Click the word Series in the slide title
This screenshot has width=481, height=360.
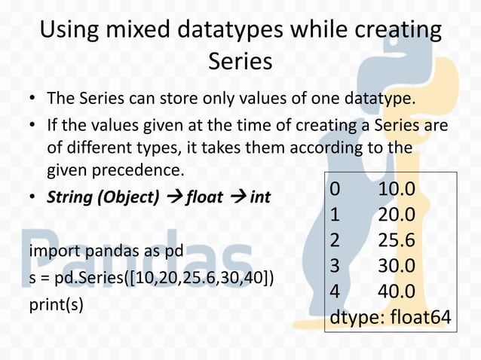click(240, 60)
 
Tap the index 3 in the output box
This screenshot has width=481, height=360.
click(335, 267)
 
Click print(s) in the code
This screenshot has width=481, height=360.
click(56, 306)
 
